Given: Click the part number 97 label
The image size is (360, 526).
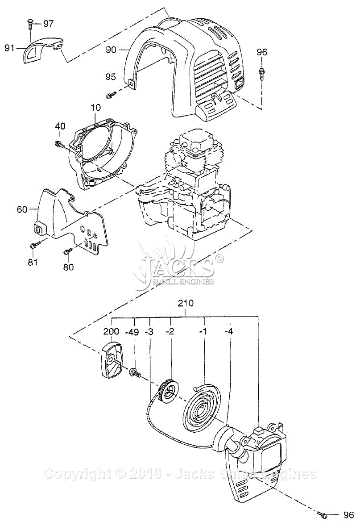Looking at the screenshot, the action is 48,24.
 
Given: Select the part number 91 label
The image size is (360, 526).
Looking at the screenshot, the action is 9,48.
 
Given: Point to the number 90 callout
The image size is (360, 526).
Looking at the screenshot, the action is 111,50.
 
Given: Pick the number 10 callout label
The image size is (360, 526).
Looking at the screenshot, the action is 95,108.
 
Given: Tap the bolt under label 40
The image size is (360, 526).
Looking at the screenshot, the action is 59,144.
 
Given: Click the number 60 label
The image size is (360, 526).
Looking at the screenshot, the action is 22,209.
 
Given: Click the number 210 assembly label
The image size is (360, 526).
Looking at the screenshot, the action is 186,303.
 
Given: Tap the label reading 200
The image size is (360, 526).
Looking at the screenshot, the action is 111,331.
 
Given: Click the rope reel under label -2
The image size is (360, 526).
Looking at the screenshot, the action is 169,391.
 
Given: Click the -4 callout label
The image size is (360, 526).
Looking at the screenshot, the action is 229,331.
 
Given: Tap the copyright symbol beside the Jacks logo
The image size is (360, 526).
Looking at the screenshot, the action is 219,258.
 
